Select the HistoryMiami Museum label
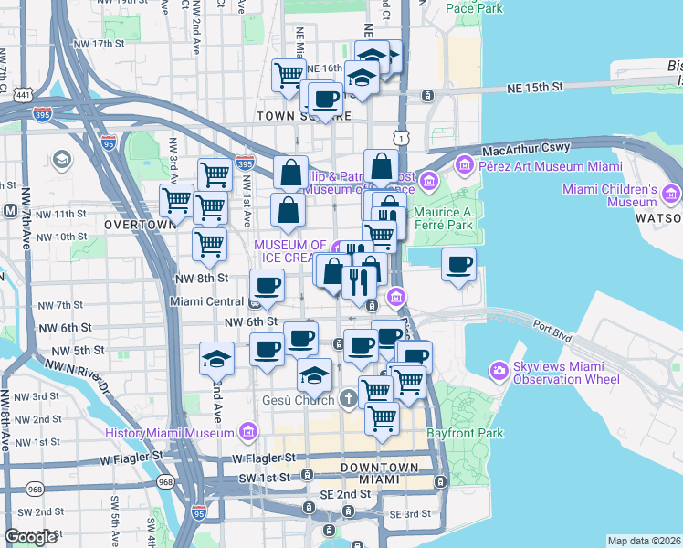click(x=172, y=432)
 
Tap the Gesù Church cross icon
click(x=348, y=398)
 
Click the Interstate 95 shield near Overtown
click(x=109, y=142)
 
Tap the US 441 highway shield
click(x=21, y=94)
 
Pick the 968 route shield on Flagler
click(x=165, y=481)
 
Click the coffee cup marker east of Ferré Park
click(x=458, y=266)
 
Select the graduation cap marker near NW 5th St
click(x=216, y=359)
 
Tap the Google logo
click(x=30, y=537)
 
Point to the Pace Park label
click(x=476, y=8)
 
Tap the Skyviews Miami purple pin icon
click(x=499, y=371)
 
